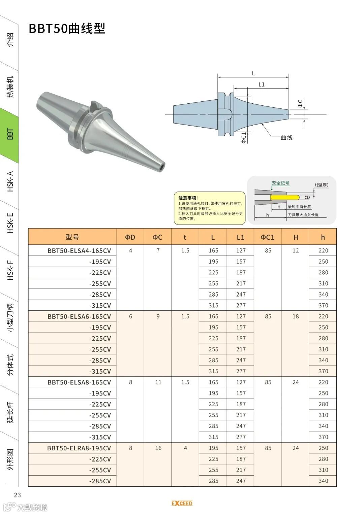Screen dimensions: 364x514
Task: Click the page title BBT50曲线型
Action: [67, 29]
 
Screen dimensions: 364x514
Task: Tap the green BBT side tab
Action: [9, 134]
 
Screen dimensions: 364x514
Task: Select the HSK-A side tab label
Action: [10, 181]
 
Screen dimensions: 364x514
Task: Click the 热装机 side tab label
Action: [10, 87]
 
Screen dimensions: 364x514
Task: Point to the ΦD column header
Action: [130, 237]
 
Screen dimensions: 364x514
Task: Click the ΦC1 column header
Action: [268, 237]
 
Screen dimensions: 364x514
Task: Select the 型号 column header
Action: [72, 237]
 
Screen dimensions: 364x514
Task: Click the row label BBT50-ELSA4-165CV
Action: [79, 250]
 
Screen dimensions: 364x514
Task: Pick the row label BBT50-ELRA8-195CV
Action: [79, 448]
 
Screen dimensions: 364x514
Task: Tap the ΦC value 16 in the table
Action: [158, 448]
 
